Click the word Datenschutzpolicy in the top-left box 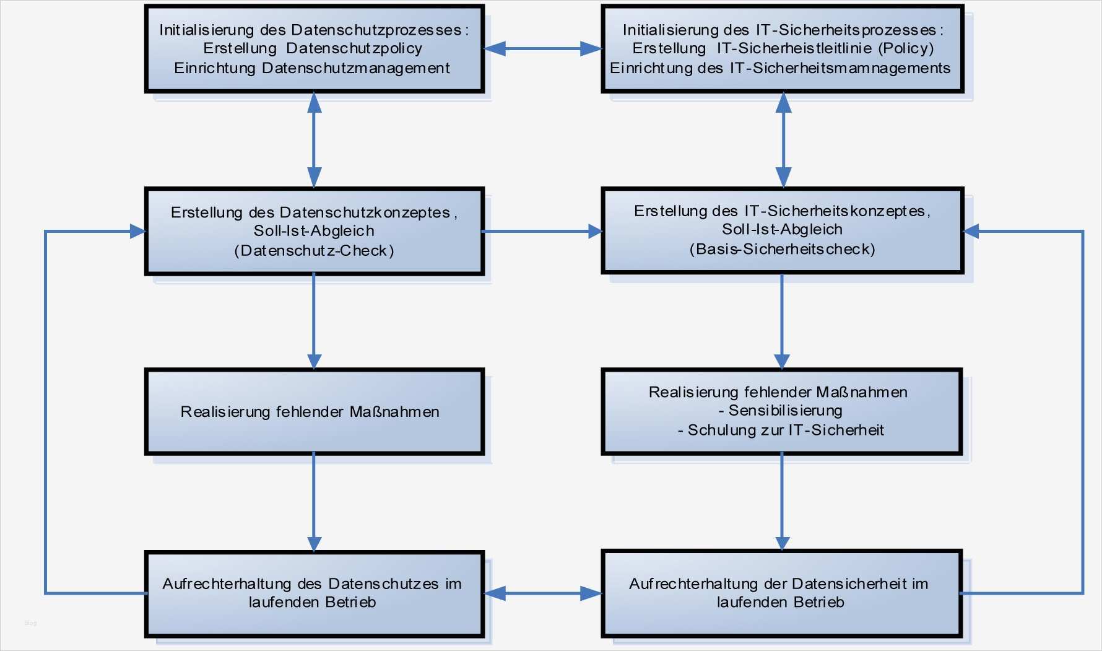(354, 48)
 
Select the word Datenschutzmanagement (355, 68)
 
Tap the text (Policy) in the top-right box (906, 48)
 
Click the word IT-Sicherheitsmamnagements (840, 68)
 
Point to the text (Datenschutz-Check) (314, 251)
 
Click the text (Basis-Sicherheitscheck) (782, 250)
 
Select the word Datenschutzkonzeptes (365, 212)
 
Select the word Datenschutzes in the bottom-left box (383, 584)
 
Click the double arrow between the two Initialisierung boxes (542, 49)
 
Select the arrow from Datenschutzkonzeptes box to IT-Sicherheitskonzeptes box (542, 232)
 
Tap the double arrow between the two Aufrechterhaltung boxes (542, 594)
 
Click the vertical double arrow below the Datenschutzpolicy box (315, 140)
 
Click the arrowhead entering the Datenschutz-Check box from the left (137, 232)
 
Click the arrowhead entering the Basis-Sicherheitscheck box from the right (972, 232)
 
